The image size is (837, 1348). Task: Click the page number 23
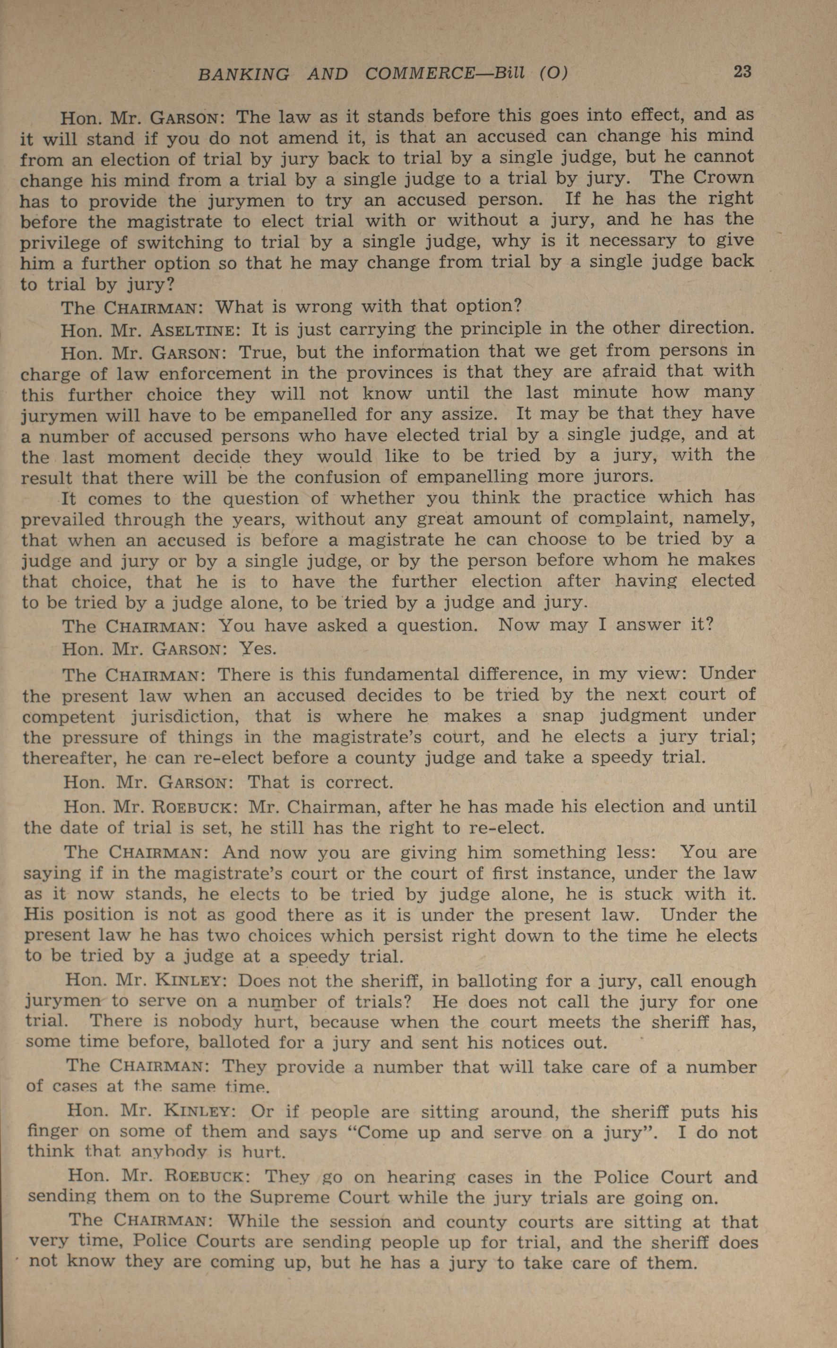coord(742,72)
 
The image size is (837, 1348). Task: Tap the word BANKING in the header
coord(243,74)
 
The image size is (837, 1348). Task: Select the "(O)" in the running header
coord(553,73)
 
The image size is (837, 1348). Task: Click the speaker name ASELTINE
coord(193,331)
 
